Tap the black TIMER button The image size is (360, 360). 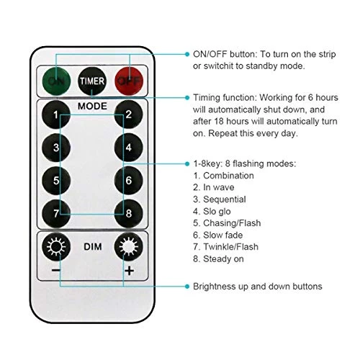coord(92,81)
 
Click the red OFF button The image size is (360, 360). coord(129,81)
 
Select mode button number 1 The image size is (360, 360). coord(56,114)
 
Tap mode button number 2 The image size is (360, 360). coord(129,114)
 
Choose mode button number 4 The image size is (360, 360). coord(129,148)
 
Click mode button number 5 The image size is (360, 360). coord(56,181)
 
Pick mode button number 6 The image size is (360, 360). coord(129,181)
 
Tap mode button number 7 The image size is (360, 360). coord(56,213)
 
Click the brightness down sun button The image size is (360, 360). coord(56,246)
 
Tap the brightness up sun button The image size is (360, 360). coord(129,246)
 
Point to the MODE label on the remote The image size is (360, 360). coord(92,106)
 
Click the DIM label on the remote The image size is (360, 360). coord(93,247)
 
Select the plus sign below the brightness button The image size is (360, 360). coord(130,271)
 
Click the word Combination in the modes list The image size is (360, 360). coord(228,176)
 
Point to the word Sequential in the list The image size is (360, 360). coord(225,199)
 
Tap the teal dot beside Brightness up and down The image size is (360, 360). coord(187,287)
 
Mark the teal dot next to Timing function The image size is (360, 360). coord(187,97)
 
